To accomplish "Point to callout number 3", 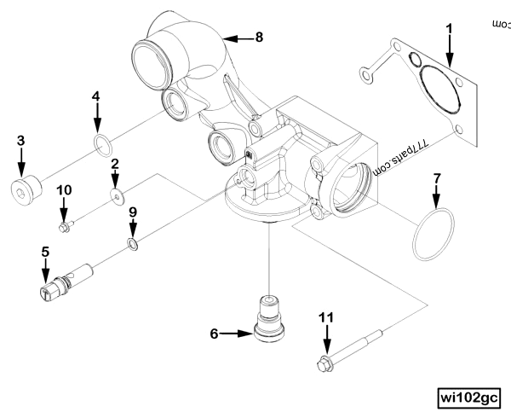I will (x=21, y=139).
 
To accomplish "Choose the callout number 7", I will (x=437, y=179).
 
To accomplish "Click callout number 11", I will (x=324, y=317).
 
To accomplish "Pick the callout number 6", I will (x=215, y=333).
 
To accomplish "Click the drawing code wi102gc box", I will (x=467, y=397).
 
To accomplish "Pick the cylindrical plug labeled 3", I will (x=26, y=189).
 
